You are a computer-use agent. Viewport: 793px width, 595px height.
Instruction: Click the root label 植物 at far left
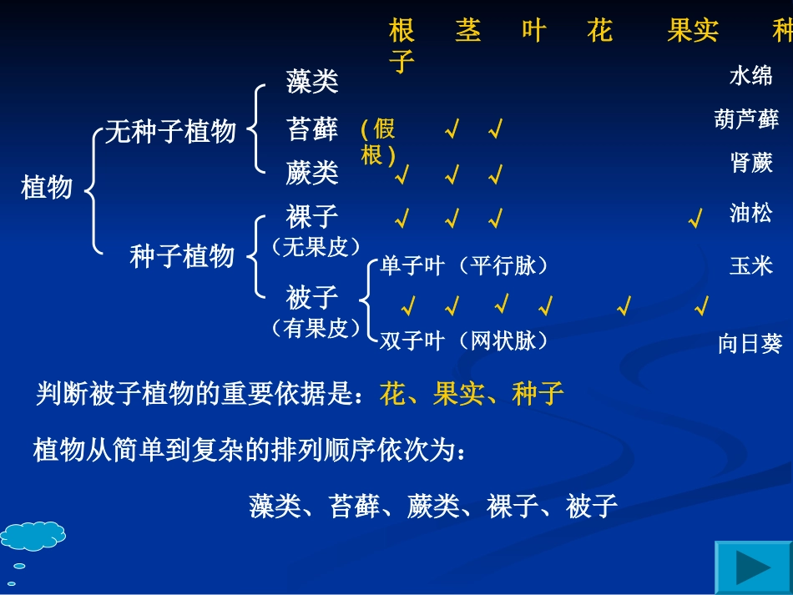47,187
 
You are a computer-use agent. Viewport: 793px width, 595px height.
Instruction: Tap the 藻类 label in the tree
312,82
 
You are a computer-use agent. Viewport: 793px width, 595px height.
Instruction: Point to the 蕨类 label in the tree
312,173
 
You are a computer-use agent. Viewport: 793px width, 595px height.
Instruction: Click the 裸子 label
312,217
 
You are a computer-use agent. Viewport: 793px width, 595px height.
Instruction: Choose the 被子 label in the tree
312,297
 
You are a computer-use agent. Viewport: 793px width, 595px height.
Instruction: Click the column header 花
599,33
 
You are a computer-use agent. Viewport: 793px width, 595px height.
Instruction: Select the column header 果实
693,33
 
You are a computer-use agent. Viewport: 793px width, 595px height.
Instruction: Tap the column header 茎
468,33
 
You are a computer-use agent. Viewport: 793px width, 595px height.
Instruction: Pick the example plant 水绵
750,77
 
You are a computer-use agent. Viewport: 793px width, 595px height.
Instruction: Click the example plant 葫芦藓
746,118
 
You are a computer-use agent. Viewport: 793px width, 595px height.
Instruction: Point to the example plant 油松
750,213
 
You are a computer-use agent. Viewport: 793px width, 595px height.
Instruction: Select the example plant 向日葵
750,343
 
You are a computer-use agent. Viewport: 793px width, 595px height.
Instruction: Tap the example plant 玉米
750,266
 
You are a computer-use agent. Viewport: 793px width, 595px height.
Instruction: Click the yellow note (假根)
378,142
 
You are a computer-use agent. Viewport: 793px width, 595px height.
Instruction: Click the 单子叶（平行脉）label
464,266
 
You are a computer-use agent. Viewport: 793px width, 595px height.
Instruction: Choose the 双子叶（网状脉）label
464,340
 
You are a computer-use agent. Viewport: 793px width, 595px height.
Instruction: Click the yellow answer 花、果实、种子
472,394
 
